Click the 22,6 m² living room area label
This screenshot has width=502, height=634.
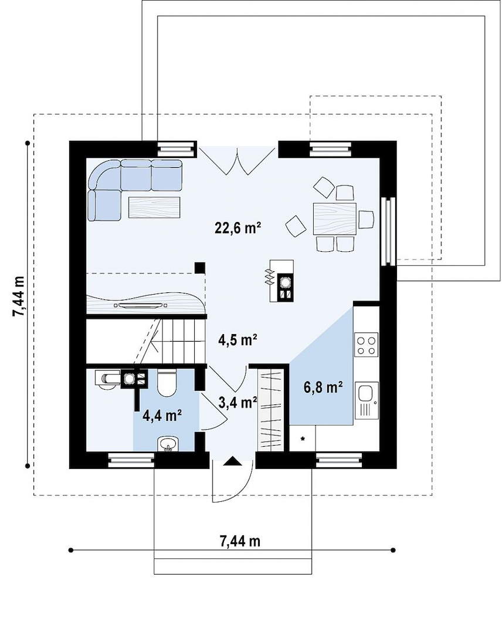tap(238, 228)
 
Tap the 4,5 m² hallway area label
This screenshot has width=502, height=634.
tap(238, 340)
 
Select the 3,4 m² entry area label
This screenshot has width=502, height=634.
tap(238, 402)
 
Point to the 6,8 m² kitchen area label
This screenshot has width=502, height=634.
tap(323, 387)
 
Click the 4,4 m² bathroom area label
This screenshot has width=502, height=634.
tap(162, 415)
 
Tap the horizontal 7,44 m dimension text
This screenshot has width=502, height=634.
tap(240, 541)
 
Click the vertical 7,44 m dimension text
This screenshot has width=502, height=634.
tap(19, 296)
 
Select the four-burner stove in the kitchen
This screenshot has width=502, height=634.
tap(367, 345)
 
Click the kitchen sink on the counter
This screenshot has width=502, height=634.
tap(367, 400)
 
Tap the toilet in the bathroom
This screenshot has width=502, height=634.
tap(167, 383)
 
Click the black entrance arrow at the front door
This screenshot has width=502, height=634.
tap(232, 461)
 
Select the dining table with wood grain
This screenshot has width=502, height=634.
tap(335, 219)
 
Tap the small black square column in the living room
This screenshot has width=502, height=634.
tap(199, 267)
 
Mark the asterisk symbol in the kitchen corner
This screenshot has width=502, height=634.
tap(302, 439)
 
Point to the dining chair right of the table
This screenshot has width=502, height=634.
tap(367, 219)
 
